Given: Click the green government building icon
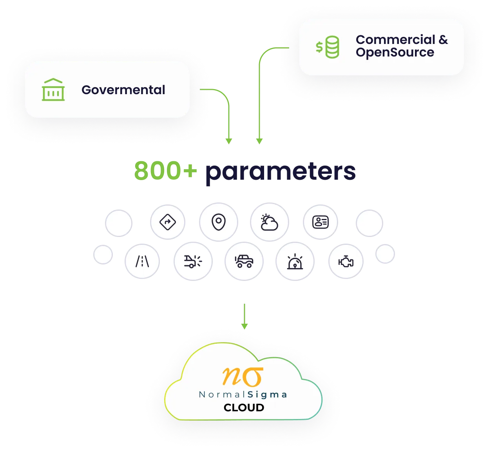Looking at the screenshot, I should [x=53, y=90].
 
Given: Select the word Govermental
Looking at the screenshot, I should [x=123, y=90].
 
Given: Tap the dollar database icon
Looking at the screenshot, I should [x=328, y=47].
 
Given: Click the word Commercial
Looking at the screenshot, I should [x=395, y=40].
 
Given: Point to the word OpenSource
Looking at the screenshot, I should [x=395, y=53].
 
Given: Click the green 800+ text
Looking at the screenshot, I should [x=165, y=171].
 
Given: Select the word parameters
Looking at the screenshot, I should [x=280, y=171].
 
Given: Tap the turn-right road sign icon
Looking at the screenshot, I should [x=168, y=222].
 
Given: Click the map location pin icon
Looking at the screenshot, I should [x=218, y=222].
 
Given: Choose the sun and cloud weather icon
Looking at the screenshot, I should [x=269, y=222].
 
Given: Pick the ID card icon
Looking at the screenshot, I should [x=320, y=222].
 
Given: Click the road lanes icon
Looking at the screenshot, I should [x=142, y=261].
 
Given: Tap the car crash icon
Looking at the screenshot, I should [x=193, y=261].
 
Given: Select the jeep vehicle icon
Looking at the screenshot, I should [x=244, y=261].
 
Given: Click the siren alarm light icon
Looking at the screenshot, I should [x=295, y=261].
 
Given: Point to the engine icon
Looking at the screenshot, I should [x=346, y=261].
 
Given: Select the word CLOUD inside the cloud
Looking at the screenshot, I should [x=244, y=408].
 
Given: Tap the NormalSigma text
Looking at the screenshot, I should [x=243, y=395].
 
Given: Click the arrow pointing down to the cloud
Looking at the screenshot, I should [x=244, y=316].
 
